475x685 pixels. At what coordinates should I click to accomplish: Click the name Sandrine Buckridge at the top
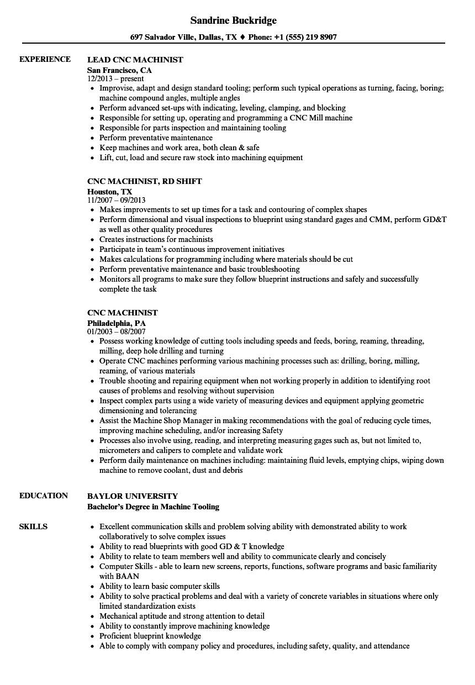coord(233,20)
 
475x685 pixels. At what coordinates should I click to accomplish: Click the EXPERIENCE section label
coord(45,59)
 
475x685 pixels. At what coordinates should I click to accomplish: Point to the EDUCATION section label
coord(44,496)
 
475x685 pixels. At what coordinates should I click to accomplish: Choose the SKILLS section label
coord(33,526)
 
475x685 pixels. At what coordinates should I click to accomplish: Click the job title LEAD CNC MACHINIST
coord(135,60)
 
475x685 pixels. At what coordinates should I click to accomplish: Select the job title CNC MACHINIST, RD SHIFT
coord(145,181)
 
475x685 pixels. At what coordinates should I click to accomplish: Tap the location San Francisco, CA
coord(119,71)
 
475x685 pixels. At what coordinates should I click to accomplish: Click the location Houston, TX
coord(110,192)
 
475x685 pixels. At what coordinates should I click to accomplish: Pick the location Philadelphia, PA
coord(117,323)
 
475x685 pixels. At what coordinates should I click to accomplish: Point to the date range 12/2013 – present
coord(115,79)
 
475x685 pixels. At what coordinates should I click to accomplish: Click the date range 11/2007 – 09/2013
coord(117,200)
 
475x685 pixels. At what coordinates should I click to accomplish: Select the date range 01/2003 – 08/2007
coord(117,331)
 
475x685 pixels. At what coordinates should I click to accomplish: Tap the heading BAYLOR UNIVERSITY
coord(133,496)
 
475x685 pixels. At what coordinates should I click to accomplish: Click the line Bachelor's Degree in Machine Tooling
coord(153,507)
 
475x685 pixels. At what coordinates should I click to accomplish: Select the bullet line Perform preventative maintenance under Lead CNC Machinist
coord(156,138)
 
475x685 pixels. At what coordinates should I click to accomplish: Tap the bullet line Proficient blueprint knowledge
coord(150,636)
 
